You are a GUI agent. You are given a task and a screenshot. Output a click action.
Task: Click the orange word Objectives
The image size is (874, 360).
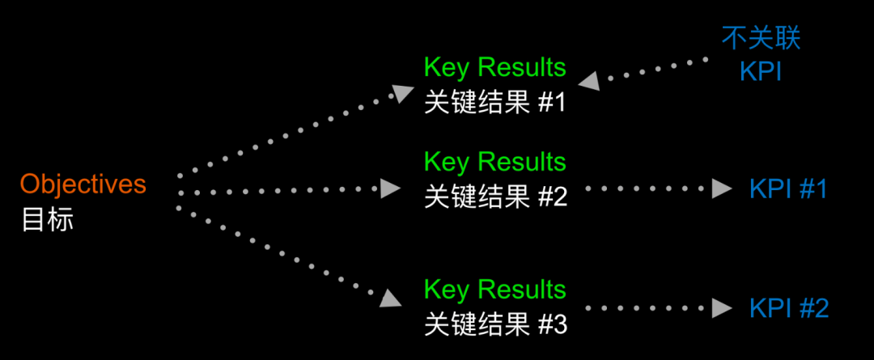click(x=83, y=184)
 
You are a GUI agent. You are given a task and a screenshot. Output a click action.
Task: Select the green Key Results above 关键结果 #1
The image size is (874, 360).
click(x=494, y=67)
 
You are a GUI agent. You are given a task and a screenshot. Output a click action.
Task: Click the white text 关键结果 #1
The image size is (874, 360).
click(x=494, y=104)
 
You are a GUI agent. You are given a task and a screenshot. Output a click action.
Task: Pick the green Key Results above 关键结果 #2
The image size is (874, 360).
click(x=494, y=162)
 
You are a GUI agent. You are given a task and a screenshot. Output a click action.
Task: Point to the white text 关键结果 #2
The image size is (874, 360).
click(x=494, y=197)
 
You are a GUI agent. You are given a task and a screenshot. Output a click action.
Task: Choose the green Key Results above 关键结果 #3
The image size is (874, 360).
click(x=494, y=290)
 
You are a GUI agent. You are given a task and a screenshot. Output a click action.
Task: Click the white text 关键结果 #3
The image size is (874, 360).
click(x=494, y=324)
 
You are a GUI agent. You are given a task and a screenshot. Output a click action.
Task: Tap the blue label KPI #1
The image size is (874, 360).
click(x=788, y=189)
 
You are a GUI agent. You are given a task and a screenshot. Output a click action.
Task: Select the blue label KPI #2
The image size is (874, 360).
click(x=788, y=308)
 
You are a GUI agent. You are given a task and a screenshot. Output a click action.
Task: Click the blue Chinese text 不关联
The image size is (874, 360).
click(x=761, y=37)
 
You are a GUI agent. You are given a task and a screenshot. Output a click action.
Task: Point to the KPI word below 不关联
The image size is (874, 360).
click(x=761, y=71)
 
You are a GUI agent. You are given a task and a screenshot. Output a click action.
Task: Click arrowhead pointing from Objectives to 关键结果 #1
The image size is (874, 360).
click(x=401, y=91)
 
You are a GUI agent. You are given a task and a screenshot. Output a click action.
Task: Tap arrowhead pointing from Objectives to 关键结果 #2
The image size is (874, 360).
click(x=392, y=189)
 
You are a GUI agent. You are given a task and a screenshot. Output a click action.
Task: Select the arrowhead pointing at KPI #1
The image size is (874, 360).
click(x=722, y=189)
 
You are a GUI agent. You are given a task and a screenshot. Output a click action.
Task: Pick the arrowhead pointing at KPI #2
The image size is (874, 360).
click(x=722, y=308)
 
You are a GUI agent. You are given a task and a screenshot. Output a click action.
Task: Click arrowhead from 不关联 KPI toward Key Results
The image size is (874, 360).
click(x=588, y=80)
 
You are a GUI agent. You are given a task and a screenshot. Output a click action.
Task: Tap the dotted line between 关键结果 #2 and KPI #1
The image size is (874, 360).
click(x=647, y=189)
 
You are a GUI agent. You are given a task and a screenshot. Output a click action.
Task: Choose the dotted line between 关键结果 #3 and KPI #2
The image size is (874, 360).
click(x=647, y=308)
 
